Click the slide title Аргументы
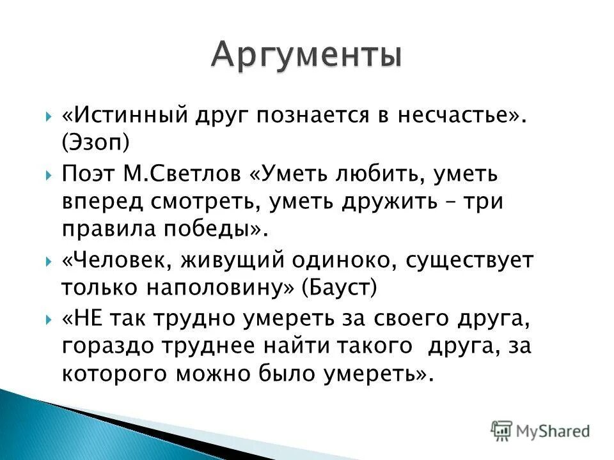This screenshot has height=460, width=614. coord(307,54)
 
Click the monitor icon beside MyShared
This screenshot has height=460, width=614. coord(501,430)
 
